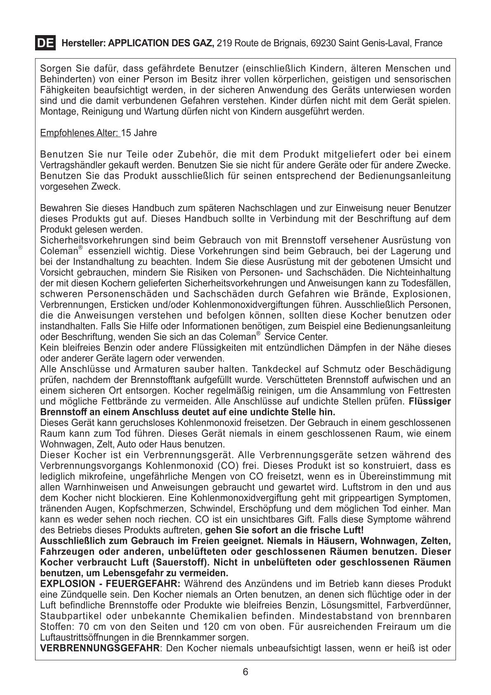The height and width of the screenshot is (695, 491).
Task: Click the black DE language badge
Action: click(45, 43)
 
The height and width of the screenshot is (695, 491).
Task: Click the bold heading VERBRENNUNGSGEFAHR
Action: click(100, 648)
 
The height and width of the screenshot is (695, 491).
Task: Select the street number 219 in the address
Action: click(223, 43)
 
